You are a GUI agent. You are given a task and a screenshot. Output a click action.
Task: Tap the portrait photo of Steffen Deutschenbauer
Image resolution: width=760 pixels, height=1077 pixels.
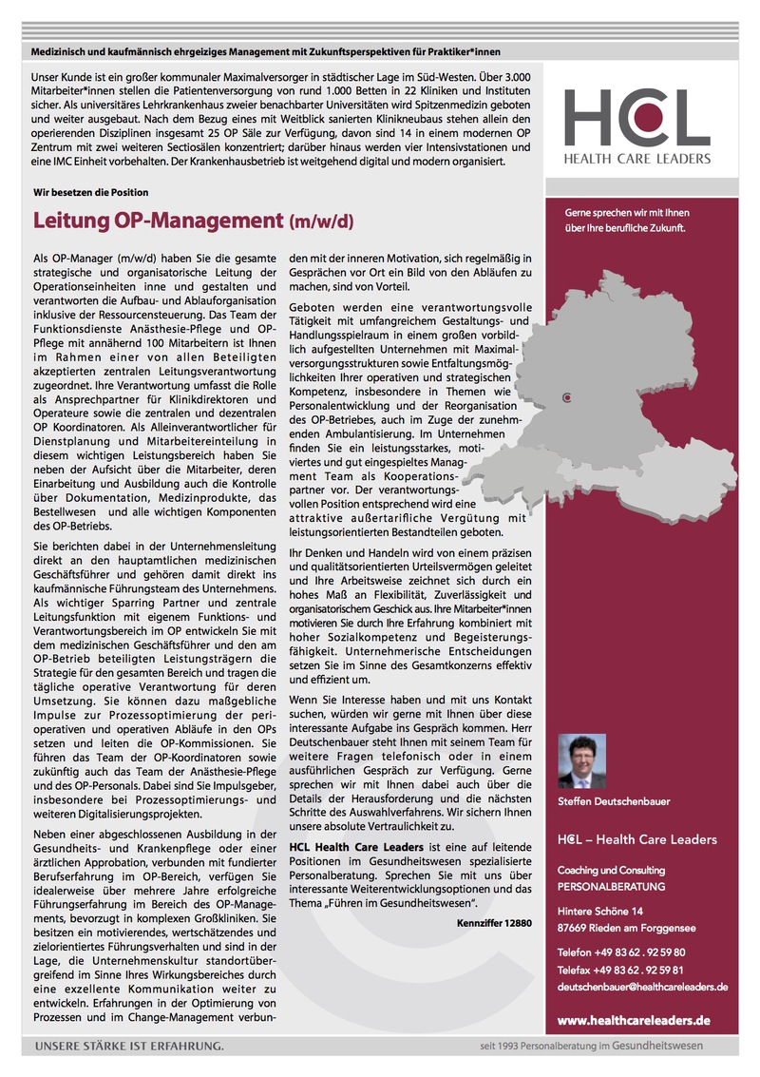[581, 760]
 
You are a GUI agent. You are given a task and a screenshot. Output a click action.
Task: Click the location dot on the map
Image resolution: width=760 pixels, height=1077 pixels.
[567, 397]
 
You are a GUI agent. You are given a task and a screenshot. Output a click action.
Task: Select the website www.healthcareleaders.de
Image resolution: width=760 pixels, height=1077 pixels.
[634, 1020]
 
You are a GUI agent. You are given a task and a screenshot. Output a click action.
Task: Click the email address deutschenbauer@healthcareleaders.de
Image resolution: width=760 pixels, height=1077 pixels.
[642, 987]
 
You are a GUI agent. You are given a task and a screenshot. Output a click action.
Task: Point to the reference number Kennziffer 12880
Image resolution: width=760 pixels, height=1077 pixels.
[487, 921]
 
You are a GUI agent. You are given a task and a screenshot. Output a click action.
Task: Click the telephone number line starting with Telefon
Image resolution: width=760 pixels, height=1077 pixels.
[621, 952]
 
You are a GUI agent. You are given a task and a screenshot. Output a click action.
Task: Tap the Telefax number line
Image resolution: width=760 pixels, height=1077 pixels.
[621, 969]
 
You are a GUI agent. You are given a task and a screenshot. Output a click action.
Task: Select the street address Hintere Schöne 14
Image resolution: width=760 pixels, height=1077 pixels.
[599, 911]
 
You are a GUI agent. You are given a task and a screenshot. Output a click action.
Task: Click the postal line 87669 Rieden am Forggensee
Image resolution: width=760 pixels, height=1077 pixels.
[627, 927]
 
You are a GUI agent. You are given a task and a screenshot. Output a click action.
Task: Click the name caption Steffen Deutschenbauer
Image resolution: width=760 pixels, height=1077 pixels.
[613, 801]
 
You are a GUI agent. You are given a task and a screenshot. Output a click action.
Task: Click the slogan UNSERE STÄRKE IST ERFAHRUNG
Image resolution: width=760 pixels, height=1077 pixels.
[129, 1047]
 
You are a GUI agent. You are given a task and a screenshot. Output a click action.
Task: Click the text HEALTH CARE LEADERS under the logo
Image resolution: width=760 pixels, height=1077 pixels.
[636, 158]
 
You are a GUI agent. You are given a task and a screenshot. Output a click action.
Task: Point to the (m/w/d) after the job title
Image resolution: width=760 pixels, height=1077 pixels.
[320, 223]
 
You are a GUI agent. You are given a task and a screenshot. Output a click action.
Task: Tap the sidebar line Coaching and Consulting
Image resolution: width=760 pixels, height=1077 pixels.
[611, 870]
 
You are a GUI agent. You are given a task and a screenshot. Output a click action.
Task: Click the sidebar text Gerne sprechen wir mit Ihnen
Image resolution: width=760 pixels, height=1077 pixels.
[625, 212]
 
